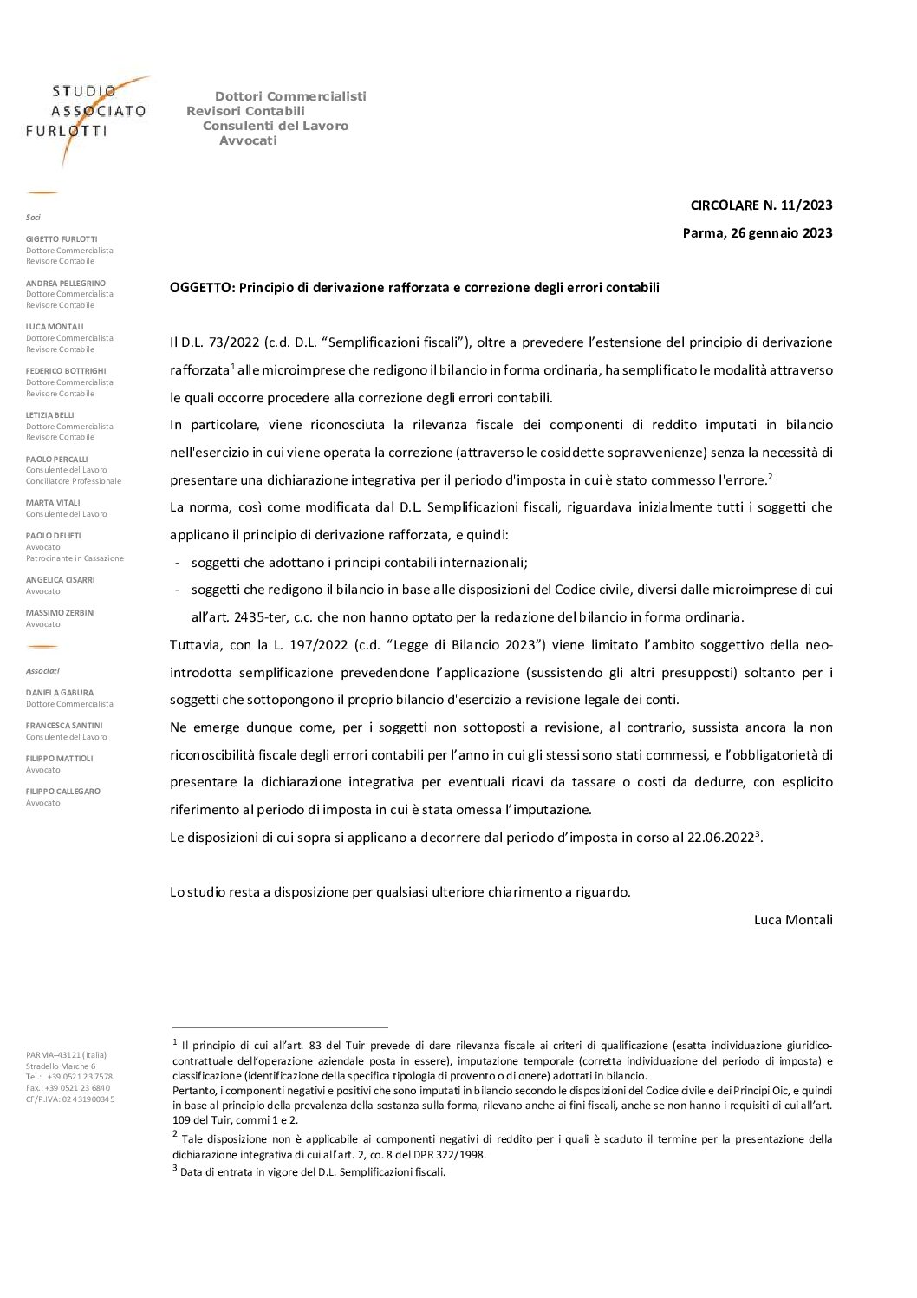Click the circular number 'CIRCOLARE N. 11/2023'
pos(761,205)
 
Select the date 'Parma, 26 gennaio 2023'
pos(758,232)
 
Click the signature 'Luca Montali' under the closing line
pos(793,919)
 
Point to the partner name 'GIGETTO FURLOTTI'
pos(62,238)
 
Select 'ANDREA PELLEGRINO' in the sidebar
pos(66,283)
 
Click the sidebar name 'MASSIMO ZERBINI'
pos(60,613)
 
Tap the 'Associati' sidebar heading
pos(42,670)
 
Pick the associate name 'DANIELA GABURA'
pos(59,693)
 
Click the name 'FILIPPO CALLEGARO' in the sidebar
pos(64,792)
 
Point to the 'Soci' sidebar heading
pos(33,217)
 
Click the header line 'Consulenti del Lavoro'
pos(275,126)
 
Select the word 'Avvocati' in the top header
pos(248,140)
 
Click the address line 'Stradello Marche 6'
pos(61,1066)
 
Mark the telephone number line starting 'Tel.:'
pos(69,1077)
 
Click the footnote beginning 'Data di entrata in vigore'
pos(312,1172)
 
